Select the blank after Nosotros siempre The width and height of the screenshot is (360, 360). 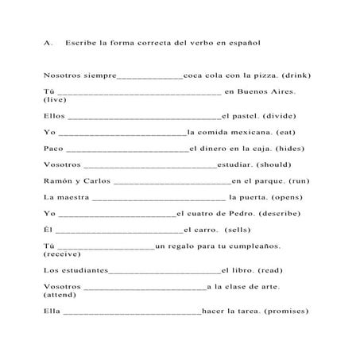point(149,77)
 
